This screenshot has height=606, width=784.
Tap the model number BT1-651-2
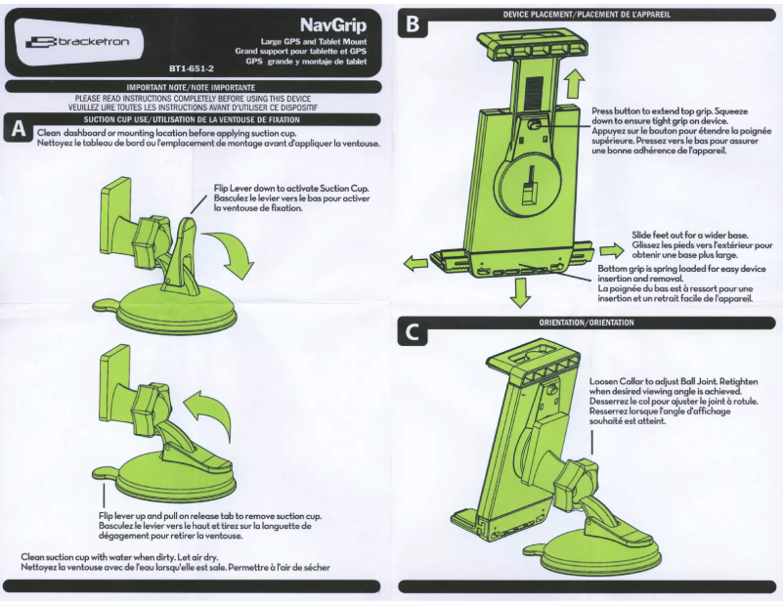click(191, 69)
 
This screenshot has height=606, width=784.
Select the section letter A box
click(17, 130)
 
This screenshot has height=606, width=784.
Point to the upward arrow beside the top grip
click(574, 83)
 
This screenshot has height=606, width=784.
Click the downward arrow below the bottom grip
click(522, 290)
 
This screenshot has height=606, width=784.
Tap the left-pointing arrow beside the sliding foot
click(415, 262)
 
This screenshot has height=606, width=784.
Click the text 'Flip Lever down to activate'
click(291, 188)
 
